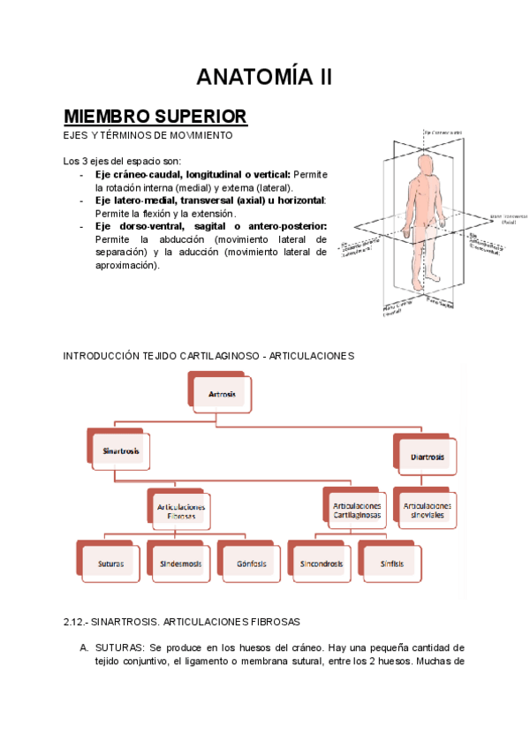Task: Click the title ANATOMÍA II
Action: coord(264,77)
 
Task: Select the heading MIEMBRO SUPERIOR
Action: coord(155,117)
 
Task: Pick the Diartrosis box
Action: coord(428,457)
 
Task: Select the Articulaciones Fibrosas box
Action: coord(181,511)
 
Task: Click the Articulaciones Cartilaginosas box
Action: coord(357,510)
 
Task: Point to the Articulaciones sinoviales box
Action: coord(428,510)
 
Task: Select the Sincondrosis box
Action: coord(321,563)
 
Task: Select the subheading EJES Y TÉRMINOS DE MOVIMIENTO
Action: coord(148,136)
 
